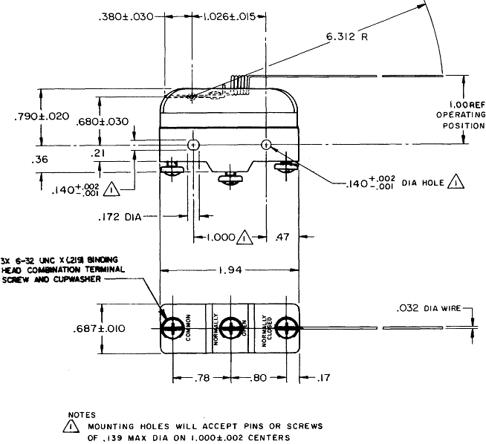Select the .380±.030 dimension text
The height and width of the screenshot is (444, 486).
(123, 16)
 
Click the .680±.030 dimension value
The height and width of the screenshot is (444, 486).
(103, 122)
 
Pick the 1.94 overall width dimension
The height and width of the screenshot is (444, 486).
(230, 272)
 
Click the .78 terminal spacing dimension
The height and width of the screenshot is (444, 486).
(201, 378)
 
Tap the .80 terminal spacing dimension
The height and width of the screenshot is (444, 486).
(259, 378)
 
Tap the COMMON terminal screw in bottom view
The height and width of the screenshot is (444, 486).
(173, 327)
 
